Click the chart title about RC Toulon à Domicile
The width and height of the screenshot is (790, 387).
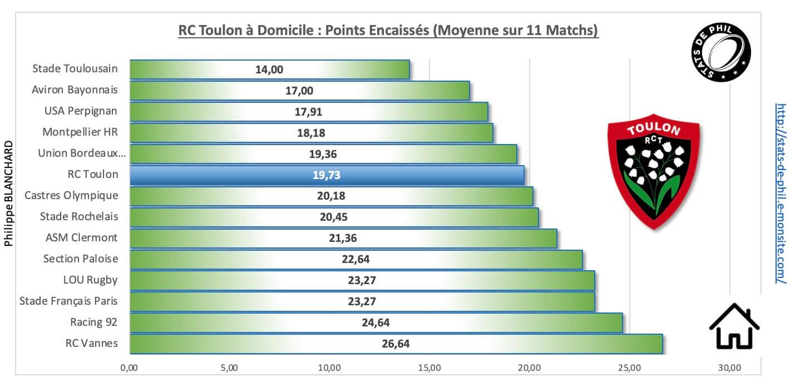[388, 30]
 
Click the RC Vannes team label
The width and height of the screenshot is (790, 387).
[91, 343]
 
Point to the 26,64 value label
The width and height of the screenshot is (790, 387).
[396, 344]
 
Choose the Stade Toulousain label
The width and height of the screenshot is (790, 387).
[75, 68]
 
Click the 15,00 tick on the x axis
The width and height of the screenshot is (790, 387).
[429, 368]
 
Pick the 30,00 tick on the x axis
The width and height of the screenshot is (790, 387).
[729, 368]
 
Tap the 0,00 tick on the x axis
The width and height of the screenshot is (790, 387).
[130, 368]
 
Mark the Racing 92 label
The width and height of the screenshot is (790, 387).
[94, 322]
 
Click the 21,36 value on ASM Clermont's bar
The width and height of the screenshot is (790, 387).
[343, 238]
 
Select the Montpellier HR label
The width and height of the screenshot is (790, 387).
[80, 132]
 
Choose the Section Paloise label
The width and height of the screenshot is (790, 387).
[81, 259]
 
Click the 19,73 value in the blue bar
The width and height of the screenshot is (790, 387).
[326, 175]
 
